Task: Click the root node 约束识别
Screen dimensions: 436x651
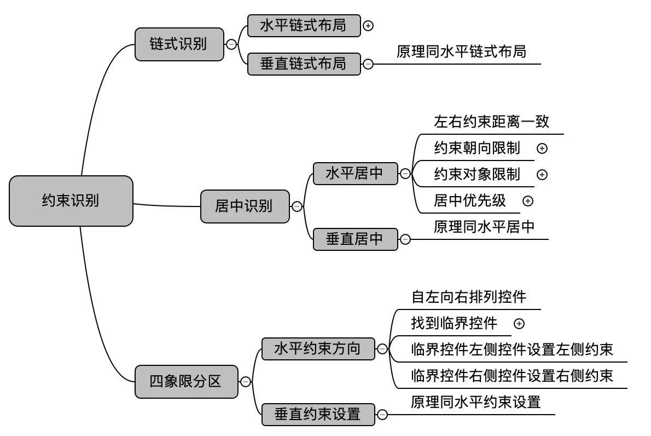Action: pos(71,200)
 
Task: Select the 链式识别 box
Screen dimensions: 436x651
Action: pos(179,44)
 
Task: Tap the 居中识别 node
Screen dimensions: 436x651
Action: pos(245,206)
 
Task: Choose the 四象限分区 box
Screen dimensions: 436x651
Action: pos(187,381)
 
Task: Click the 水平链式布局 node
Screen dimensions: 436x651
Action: pos(304,26)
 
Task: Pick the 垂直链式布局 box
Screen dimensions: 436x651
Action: pos(304,64)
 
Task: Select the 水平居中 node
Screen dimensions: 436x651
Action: pos(355,174)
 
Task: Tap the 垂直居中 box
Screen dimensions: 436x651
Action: pos(355,239)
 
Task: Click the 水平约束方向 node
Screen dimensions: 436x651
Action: pos(317,348)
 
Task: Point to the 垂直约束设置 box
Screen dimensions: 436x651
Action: pos(317,414)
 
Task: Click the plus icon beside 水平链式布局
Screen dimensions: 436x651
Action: pos(368,26)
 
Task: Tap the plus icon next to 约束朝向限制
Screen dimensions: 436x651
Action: pos(542,148)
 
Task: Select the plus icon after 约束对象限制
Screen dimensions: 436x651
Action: pos(542,175)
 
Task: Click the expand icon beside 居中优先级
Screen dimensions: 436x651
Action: pos(528,201)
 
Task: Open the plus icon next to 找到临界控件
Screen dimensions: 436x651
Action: pos(520,324)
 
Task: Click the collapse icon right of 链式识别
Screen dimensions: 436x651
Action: pos(231,44)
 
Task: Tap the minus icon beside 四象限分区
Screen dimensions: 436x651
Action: pos(246,382)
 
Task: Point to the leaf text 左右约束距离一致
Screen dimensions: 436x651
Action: pos(491,122)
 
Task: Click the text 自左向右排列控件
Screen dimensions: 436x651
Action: pos(468,297)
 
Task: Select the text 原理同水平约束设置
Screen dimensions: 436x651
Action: pos(475,402)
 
